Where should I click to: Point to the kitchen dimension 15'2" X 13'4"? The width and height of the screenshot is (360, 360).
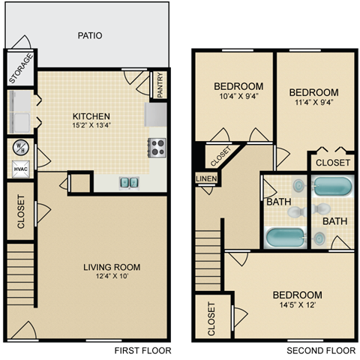point(91,127)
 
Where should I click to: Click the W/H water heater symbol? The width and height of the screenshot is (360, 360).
point(19,147)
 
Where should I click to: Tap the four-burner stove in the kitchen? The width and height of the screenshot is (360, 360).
point(157,147)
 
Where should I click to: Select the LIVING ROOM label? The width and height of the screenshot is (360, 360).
point(112,267)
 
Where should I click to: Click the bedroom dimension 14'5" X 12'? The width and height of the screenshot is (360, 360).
point(297,306)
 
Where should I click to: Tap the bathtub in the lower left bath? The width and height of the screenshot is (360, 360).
point(286,237)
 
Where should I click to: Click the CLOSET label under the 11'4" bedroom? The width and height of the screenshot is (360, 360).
point(332,162)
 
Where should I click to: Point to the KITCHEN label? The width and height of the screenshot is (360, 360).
point(91,116)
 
